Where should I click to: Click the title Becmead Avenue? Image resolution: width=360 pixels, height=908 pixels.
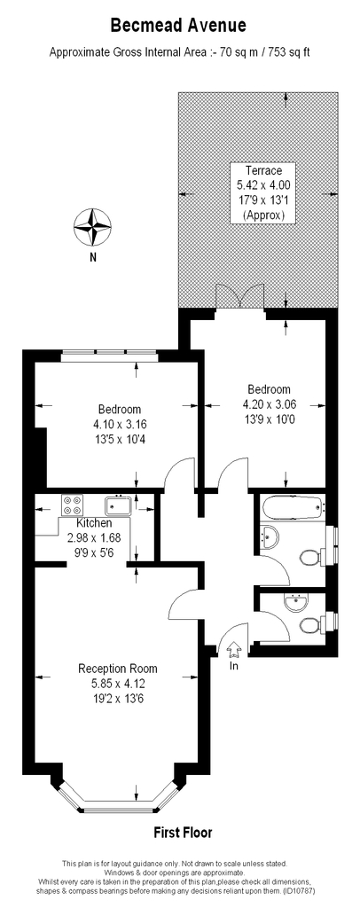click(x=178, y=26)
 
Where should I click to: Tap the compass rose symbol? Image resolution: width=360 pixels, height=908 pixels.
click(x=92, y=227)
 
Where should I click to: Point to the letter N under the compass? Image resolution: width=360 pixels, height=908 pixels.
click(x=92, y=258)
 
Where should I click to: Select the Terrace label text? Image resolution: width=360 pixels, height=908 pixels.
click(x=263, y=170)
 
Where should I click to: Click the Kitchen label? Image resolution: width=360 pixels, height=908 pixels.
click(x=94, y=523)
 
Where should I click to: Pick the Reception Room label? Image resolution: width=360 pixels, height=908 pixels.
click(x=118, y=669)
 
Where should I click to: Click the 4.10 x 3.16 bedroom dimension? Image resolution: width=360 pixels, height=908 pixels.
click(x=119, y=424)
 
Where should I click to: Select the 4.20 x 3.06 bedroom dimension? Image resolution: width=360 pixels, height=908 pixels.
click(x=269, y=404)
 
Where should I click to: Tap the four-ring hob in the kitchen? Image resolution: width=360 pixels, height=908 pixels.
click(x=73, y=505)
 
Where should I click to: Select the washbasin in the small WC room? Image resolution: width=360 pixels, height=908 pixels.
click(x=299, y=603)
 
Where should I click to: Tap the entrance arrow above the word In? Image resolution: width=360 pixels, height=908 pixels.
click(x=234, y=650)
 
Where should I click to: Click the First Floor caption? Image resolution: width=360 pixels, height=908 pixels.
click(x=183, y=834)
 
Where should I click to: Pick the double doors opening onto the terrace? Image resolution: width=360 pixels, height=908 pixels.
click(x=239, y=296)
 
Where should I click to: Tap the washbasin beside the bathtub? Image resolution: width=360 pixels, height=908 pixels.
click(x=270, y=536)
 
